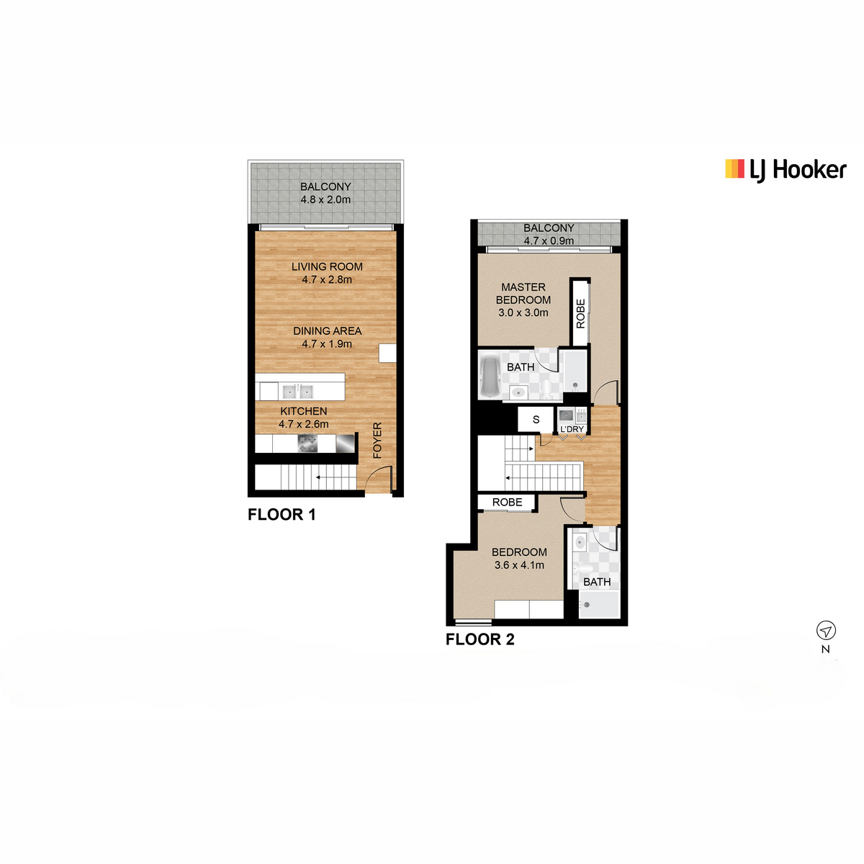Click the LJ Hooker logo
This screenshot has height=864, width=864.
(x=786, y=170)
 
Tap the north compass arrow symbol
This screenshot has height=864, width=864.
(x=826, y=631)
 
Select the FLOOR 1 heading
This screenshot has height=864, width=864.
(x=282, y=514)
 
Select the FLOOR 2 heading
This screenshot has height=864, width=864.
(x=480, y=639)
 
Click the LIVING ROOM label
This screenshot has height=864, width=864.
(x=327, y=266)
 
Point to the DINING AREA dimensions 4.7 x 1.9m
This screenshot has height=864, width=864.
(x=327, y=344)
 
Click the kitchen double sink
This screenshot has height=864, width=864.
(x=297, y=392)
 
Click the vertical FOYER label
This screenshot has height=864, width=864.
(x=377, y=440)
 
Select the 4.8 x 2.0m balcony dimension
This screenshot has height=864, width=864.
(x=325, y=199)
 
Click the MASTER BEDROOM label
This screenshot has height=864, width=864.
(x=523, y=293)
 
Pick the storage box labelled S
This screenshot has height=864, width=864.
(x=536, y=419)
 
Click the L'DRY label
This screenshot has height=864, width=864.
(x=572, y=429)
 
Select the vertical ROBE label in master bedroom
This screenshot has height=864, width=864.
(x=580, y=314)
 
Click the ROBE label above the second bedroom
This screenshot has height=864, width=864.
(x=507, y=502)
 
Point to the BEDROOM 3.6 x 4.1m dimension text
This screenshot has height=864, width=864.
(x=519, y=565)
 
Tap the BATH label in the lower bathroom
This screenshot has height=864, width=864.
(x=597, y=582)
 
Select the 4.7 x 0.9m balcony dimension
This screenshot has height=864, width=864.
(x=549, y=241)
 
